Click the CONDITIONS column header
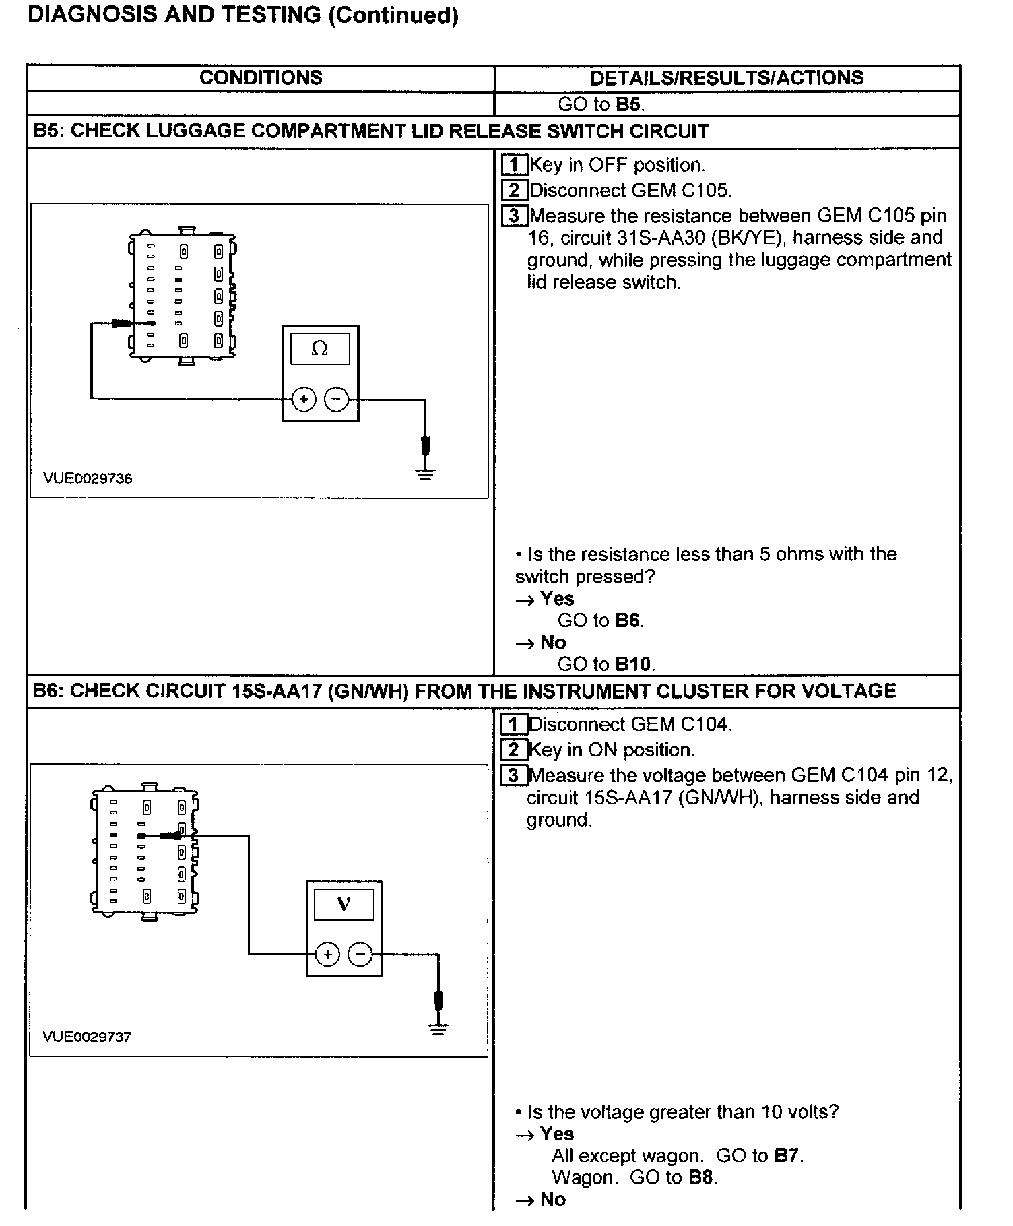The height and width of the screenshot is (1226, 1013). point(261,77)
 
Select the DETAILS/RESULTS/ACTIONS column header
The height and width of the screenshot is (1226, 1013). point(727,77)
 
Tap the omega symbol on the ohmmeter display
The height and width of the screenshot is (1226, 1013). point(320,349)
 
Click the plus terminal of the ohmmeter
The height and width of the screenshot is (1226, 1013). point(304,399)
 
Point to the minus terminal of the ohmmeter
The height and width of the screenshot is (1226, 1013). point(337,399)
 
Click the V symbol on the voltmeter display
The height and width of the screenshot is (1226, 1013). point(344,904)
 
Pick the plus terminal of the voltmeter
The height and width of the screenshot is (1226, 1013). point(327,955)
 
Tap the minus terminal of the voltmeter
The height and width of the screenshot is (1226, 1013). point(360,955)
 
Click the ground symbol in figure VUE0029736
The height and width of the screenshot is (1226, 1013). point(426,474)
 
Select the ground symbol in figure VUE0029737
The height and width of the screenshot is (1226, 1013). point(438,1029)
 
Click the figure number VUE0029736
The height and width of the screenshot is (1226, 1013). point(88,478)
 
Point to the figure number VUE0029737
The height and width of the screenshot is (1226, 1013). point(87,1037)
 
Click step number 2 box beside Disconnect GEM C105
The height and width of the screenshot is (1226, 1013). point(515,191)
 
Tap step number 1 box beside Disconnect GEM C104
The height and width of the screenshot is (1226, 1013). point(515,725)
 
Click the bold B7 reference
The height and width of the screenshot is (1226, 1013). point(787,1156)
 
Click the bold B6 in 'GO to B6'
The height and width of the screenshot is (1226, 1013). point(627,620)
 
